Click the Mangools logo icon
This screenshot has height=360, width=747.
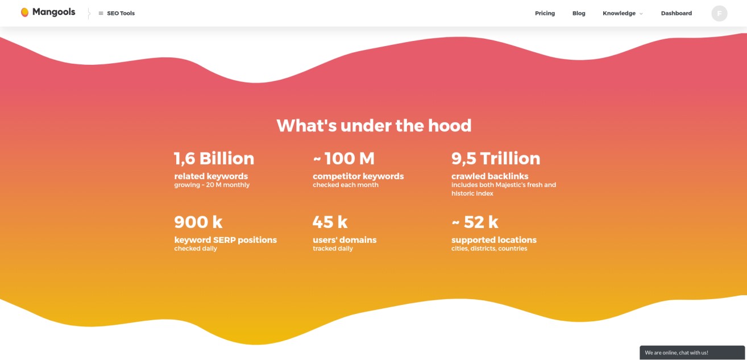[24, 13]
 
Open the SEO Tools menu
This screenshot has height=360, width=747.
[117, 13]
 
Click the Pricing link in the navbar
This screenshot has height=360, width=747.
[545, 13]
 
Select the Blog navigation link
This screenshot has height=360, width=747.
[579, 13]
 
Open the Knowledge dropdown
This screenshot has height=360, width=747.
[622, 13]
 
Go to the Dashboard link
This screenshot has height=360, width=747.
[677, 13]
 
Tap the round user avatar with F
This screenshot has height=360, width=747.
[719, 13]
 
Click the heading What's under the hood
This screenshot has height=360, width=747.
[374, 126]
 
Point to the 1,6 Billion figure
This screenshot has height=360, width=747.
[214, 159]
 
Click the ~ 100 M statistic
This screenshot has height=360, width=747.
[344, 159]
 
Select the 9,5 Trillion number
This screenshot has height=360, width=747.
[496, 159]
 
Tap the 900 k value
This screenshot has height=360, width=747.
[198, 222]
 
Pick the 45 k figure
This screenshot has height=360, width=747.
[330, 222]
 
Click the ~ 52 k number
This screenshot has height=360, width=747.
[475, 222]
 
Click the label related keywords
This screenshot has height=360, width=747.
[211, 176]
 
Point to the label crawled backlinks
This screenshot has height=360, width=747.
[490, 176]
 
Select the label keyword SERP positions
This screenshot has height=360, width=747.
[226, 240]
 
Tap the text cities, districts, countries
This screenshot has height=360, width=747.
[489, 249]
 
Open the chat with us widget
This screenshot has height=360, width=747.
[692, 353]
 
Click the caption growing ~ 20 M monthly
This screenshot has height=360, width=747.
[211, 185]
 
